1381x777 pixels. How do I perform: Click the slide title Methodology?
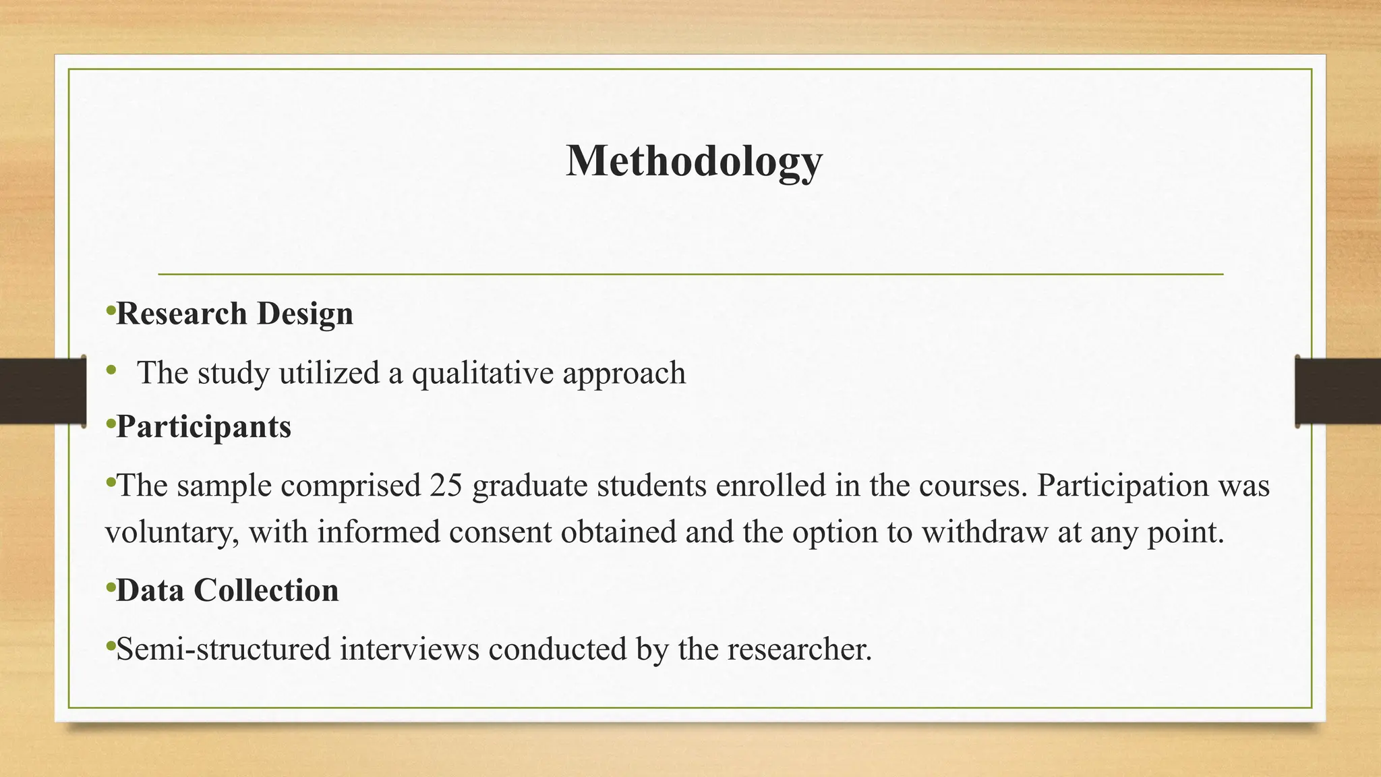[x=694, y=161]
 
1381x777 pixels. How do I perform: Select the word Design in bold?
[x=305, y=314]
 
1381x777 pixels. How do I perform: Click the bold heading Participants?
[x=204, y=427]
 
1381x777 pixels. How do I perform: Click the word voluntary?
[x=171, y=533]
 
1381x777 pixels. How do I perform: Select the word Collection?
[x=266, y=590]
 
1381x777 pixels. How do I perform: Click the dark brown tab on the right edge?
[x=1338, y=391]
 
